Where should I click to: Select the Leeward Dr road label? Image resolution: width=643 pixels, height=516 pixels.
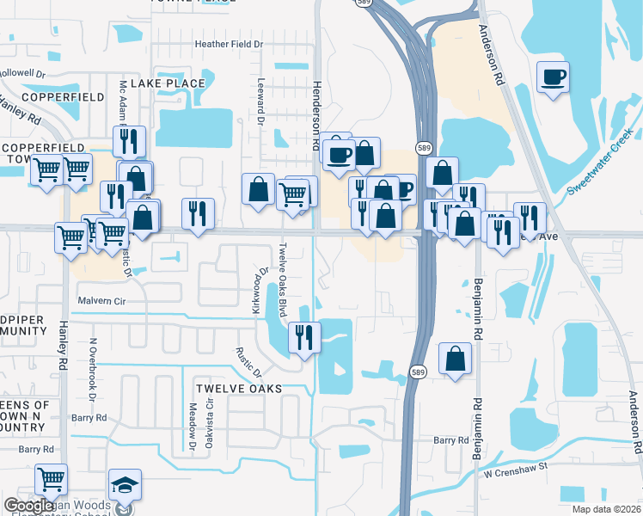[260, 102]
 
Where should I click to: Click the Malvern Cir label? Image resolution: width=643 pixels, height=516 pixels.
[101, 302]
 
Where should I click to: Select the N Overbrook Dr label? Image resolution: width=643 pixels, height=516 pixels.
[92, 368]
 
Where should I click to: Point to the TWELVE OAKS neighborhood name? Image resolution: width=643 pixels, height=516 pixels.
[239, 389]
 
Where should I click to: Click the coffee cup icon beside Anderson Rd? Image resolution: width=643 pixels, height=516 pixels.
[552, 77]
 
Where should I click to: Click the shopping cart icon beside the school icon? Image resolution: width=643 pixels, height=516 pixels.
[52, 478]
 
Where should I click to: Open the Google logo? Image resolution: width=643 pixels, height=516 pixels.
[28, 506]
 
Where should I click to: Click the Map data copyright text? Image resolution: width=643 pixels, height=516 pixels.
[606, 509]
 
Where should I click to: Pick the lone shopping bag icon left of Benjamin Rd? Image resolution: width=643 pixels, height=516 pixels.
[455, 358]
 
